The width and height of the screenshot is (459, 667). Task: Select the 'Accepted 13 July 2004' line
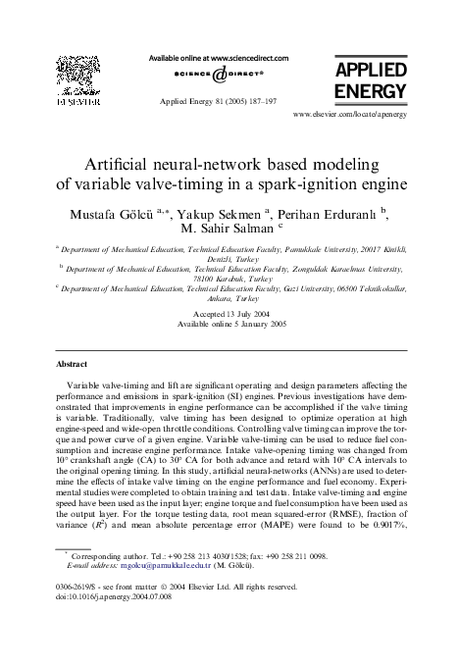point(230,314)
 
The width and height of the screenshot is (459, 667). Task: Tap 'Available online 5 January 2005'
point(230,324)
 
